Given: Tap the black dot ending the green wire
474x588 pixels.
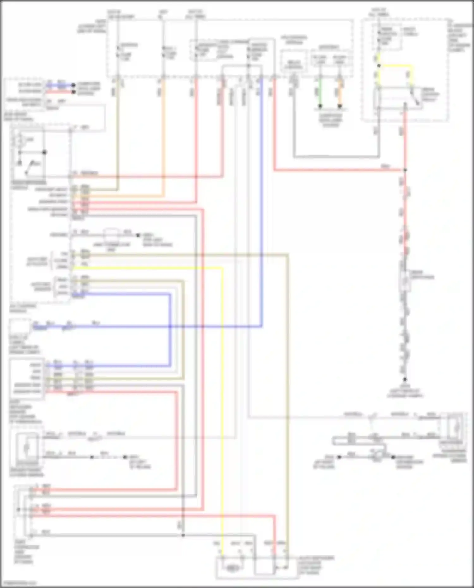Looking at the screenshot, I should tap(320, 106).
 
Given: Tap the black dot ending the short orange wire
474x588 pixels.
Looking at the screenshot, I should tap(340, 106).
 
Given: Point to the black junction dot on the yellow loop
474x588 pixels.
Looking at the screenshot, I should tap(379, 66).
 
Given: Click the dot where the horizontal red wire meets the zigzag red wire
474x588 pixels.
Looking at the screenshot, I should tap(405, 170).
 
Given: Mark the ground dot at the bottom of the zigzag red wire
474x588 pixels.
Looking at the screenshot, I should tap(404, 379).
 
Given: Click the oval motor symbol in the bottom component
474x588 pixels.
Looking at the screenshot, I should tap(232, 568).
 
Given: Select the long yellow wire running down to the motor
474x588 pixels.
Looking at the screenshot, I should tap(222, 411).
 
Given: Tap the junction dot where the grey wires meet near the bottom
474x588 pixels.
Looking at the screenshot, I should tap(183, 535).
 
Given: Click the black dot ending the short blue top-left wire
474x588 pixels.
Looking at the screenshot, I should tap(73, 85).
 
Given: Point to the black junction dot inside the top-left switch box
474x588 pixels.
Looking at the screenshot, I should tap(45, 152).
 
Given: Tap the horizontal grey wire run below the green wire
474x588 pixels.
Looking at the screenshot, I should tap(337, 157).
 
